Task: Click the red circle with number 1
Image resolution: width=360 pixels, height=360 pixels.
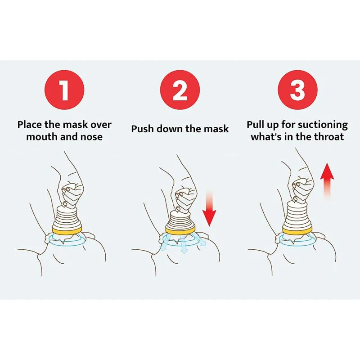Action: pos(64,90)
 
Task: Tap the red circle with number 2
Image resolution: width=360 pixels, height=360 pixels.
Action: pos(180,90)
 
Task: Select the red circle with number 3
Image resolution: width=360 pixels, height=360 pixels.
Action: pos(297,90)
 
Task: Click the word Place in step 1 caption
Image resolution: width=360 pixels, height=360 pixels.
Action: pos(31,125)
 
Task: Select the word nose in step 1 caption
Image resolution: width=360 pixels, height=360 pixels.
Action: pos(91,137)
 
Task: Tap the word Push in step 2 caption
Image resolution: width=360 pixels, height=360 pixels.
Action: pos(143,129)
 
